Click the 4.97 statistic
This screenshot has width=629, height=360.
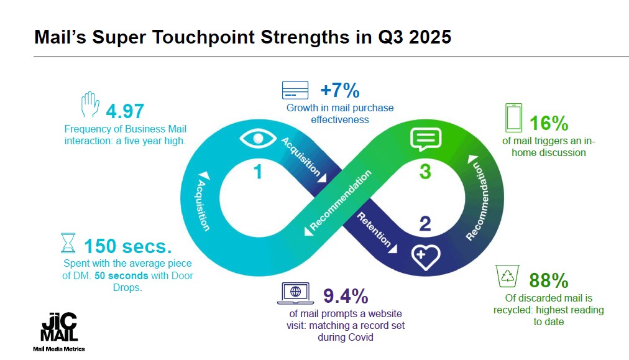(125, 111)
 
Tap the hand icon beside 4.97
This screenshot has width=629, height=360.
(90, 106)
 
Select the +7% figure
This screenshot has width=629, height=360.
(340, 90)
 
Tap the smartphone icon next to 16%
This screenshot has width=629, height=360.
(514, 118)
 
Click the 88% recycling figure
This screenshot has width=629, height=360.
(549, 280)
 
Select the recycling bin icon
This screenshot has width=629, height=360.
(508, 276)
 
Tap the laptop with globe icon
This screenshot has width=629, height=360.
(296, 291)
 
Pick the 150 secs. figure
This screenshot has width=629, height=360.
(127, 246)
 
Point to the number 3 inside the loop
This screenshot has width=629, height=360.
(425, 172)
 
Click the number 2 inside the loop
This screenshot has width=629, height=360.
(425, 223)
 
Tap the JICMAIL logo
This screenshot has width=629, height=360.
(59, 329)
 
